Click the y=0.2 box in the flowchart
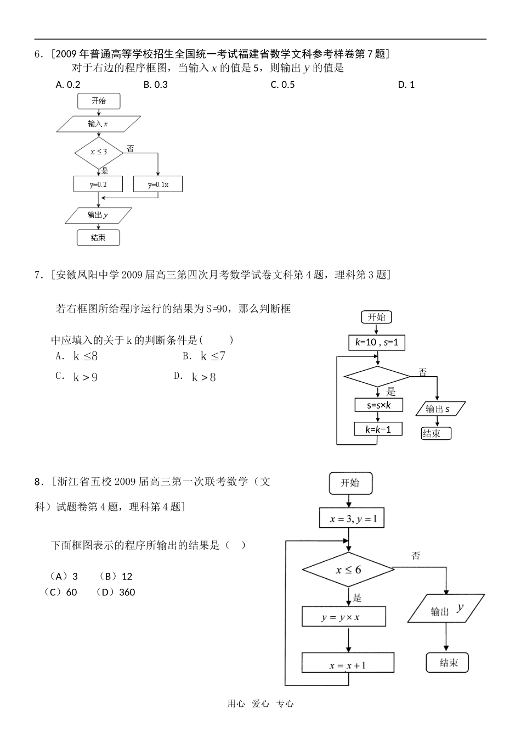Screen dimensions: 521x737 [x=98, y=184]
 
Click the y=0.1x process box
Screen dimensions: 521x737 [x=158, y=184]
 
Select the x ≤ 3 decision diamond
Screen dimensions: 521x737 [x=99, y=152]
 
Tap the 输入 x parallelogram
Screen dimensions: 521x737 [x=98, y=124]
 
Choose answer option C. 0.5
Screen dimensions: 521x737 [x=282, y=85]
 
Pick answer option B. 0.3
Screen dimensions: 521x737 [x=155, y=85]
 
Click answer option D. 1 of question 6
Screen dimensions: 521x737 [x=406, y=85]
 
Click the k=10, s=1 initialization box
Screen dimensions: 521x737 [x=377, y=343]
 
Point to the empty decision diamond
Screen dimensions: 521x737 [x=377, y=376]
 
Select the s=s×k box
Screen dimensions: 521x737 [x=378, y=405]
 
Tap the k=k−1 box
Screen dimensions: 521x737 [x=378, y=429]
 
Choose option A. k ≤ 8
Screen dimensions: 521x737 [x=77, y=356]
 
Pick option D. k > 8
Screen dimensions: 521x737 [x=196, y=377]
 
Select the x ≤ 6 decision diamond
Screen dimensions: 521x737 [x=348, y=569]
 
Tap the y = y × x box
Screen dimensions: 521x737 [x=343, y=617]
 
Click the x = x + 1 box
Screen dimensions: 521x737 [x=348, y=665]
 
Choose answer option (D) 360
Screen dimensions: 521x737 [x=115, y=592]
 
